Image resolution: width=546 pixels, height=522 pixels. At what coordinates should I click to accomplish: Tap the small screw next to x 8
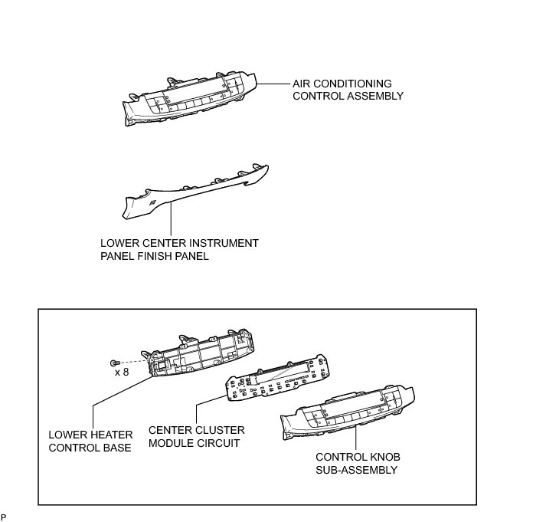pyautogui.click(x=114, y=362)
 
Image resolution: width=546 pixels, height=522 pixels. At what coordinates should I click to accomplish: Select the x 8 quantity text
pyautogui.click(x=122, y=373)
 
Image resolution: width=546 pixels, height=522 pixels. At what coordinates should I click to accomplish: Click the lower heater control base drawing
pyautogui.click(x=203, y=359)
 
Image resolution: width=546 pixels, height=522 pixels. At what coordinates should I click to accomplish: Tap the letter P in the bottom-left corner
pyautogui.click(x=4, y=517)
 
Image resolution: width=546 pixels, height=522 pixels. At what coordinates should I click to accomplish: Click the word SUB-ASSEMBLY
pyautogui.click(x=356, y=470)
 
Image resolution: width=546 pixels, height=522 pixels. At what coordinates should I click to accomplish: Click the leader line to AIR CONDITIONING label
pyautogui.click(x=273, y=84)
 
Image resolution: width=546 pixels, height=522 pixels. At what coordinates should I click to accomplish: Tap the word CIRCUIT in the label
pyautogui.click(x=217, y=444)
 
